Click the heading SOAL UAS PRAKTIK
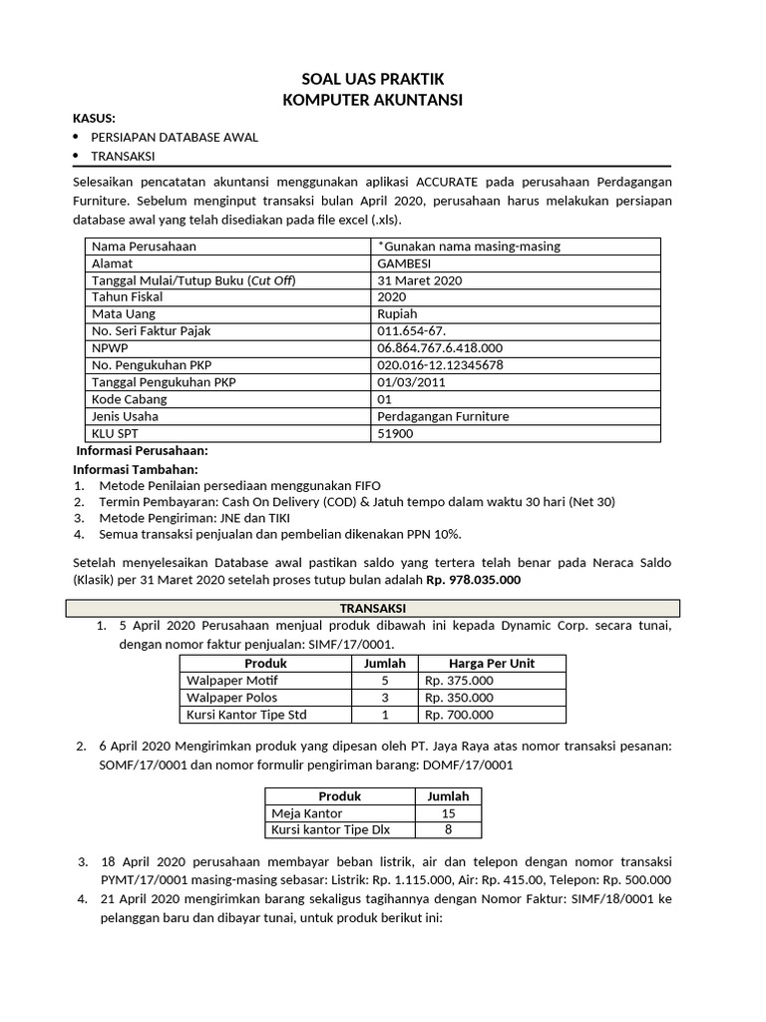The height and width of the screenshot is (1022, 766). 372,79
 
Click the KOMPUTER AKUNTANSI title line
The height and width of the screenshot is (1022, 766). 372,99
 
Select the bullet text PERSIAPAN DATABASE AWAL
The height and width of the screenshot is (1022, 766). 175,137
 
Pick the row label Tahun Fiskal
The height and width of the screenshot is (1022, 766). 127,296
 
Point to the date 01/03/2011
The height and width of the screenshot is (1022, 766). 412,382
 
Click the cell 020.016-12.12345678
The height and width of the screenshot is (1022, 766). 440,365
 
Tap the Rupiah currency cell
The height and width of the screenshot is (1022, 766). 397,313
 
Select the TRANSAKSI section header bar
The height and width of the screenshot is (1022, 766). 372,608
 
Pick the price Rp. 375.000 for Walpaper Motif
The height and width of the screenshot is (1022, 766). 459,681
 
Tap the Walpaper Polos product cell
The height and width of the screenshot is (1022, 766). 232,698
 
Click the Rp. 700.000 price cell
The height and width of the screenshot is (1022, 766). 459,715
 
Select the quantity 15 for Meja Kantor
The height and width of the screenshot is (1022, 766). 448,813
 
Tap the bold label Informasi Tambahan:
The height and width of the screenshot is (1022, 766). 136,469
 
